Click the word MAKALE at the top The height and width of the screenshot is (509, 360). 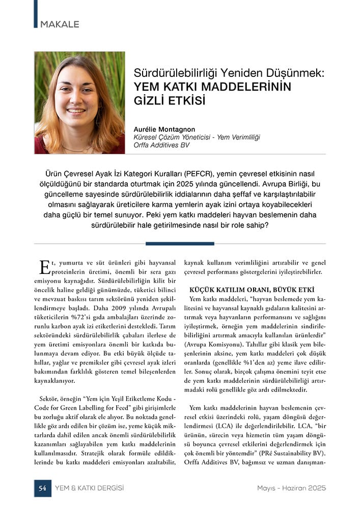[60, 24]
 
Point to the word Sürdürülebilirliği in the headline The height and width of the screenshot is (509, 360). [173, 73]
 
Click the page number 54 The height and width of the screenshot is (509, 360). [42, 488]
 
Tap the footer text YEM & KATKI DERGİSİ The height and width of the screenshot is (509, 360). [89, 488]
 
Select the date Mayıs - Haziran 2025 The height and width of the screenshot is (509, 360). [291, 488]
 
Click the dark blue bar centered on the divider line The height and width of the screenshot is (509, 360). [180, 243]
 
